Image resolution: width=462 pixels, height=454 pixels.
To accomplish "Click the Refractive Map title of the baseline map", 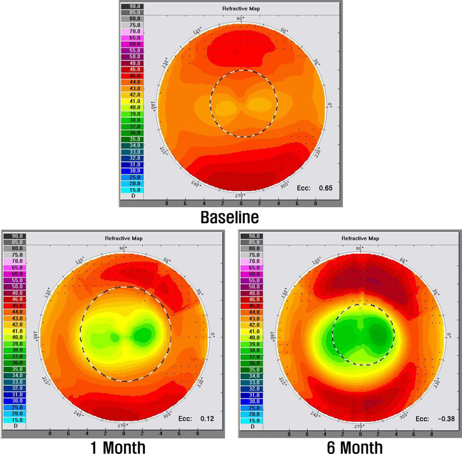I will click(238, 9).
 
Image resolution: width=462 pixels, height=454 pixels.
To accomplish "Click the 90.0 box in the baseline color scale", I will click(132, 6).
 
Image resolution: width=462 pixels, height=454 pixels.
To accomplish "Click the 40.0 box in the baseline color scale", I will click(132, 107).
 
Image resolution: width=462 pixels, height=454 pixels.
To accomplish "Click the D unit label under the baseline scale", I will click(132, 195).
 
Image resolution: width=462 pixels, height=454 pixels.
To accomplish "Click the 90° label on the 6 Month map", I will click(360, 248).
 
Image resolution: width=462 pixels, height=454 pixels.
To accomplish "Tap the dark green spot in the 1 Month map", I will click(142, 334).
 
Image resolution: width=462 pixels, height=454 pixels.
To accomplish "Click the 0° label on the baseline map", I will click(330, 105).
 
